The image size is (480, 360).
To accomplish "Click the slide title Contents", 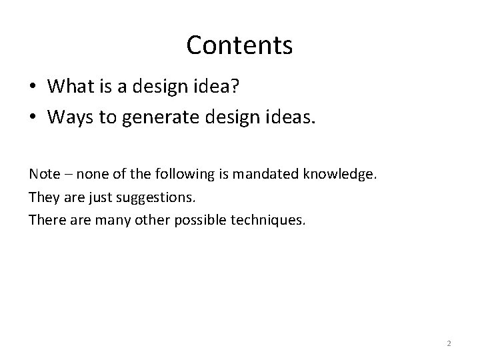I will click(239, 45).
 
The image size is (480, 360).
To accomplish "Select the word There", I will click(45, 220).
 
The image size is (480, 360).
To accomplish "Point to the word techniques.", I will click(270, 221).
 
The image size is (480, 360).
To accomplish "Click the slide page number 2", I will click(449, 343).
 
